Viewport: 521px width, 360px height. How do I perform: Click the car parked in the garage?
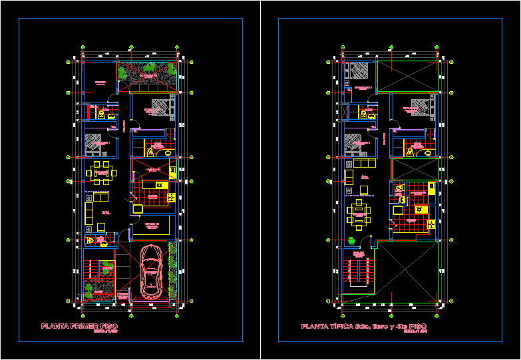pos(151,272)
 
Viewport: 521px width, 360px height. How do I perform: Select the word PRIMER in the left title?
pos(83,326)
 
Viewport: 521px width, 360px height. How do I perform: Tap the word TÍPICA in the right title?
pos(337,326)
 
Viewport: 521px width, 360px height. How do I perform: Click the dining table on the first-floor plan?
pos(101,172)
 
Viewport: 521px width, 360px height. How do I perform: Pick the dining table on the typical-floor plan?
pos(359,214)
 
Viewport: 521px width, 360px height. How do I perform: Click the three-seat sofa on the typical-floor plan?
pos(364,164)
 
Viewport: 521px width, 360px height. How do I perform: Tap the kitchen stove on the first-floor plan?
pos(160,185)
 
